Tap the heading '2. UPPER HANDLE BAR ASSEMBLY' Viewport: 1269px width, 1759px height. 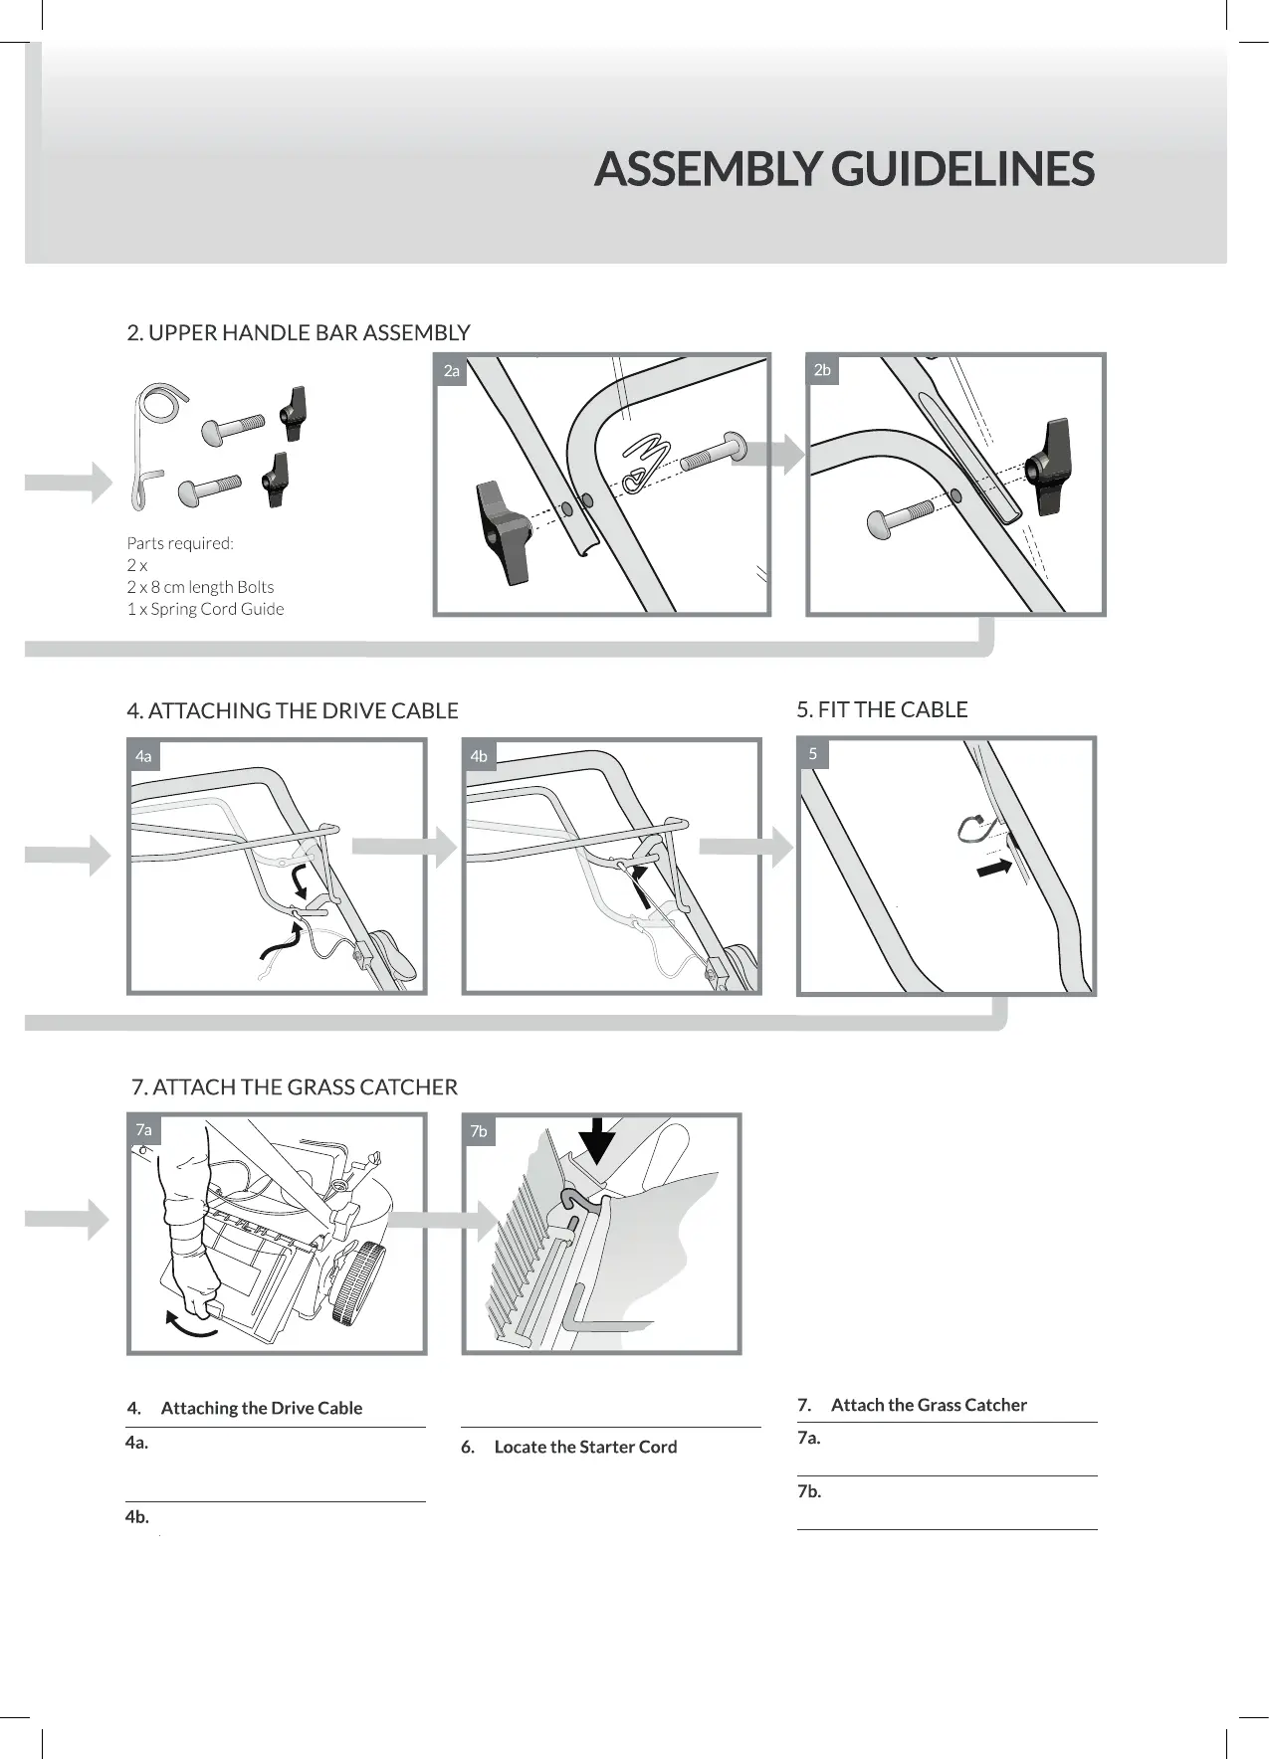tap(299, 332)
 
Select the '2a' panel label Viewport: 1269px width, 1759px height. tap(452, 371)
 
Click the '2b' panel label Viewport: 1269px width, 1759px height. tap(822, 370)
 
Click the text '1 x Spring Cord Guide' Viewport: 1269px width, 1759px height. tap(205, 609)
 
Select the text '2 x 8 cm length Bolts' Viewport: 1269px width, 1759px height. tap(200, 587)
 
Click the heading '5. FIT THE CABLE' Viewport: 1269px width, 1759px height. tap(882, 709)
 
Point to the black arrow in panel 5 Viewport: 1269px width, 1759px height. tap(993, 869)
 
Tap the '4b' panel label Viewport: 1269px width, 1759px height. tap(479, 756)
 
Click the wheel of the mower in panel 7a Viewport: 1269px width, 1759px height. tap(357, 1283)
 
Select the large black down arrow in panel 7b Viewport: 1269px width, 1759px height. tap(597, 1140)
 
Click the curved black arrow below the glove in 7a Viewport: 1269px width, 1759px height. tap(190, 1325)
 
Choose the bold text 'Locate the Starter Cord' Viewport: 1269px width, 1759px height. tap(585, 1447)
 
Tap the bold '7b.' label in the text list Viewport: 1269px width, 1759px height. tap(809, 1491)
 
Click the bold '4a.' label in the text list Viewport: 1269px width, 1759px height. tap(137, 1443)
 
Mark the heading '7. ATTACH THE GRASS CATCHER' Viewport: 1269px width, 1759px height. tap(295, 1086)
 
